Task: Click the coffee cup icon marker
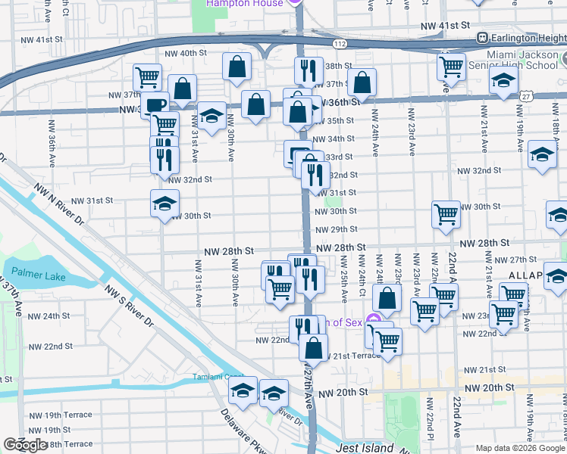tap(155, 106)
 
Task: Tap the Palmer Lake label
tap(37, 272)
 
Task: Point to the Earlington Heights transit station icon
tap(481, 37)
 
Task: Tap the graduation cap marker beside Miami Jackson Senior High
tap(503, 82)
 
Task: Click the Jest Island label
tap(365, 448)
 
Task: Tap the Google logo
tap(26, 445)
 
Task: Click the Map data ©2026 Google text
tap(520, 448)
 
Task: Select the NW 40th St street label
tap(186, 53)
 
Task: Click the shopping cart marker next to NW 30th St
tap(446, 213)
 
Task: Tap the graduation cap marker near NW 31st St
tap(164, 204)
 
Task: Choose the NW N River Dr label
tap(66, 219)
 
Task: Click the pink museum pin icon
tap(371, 321)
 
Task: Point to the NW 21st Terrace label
tap(356, 355)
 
